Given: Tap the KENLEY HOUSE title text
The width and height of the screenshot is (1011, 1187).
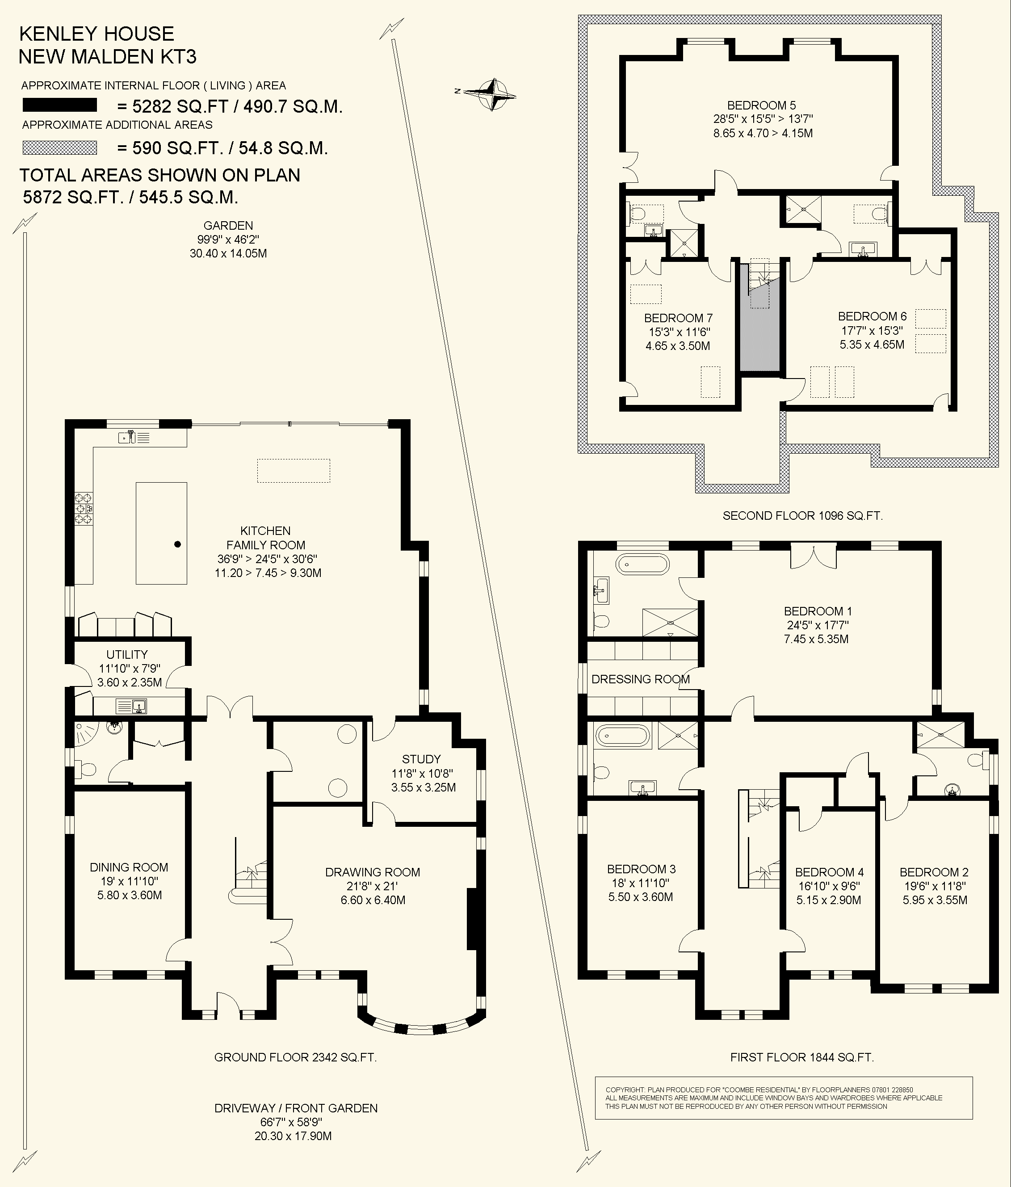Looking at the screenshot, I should (96, 34).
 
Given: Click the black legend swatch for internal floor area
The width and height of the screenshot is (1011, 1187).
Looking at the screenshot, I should (59, 105).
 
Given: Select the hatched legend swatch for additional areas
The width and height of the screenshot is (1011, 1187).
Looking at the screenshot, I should (59, 148).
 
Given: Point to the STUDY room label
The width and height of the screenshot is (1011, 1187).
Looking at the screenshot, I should (421, 759).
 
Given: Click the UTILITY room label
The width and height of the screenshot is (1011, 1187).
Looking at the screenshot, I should (127, 654).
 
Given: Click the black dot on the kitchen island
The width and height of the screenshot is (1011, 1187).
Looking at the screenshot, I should (177, 544).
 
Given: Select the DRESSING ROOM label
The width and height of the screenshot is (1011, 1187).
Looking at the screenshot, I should (640, 679).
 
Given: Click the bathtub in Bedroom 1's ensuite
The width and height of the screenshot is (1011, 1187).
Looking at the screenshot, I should (642, 564).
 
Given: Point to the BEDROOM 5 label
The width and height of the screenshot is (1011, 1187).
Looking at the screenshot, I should (761, 105).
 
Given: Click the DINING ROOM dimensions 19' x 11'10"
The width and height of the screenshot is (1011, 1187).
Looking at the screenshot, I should (128, 881).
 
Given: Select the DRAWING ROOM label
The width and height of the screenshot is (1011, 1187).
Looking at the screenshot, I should (372, 872).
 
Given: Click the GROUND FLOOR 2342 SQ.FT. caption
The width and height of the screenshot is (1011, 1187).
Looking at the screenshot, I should (295, 1057).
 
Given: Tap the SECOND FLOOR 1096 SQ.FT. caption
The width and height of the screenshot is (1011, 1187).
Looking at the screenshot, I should (802, 516).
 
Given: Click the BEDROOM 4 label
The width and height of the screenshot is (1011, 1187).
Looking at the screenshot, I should (829, 872).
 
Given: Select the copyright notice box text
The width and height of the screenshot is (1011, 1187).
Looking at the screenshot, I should (773, 1098).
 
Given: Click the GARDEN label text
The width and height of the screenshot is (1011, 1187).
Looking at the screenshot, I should (228, 226).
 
